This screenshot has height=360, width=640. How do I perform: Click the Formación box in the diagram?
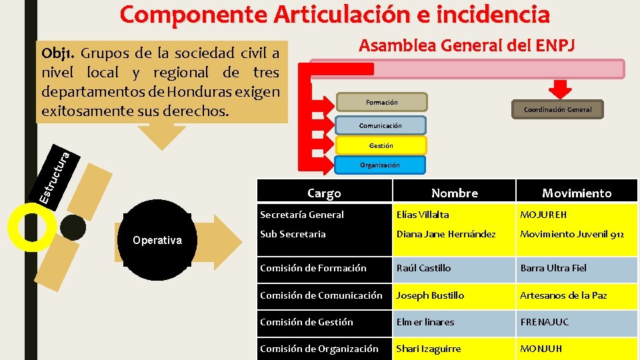pos(381,102)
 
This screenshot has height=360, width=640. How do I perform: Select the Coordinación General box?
pos(557,109)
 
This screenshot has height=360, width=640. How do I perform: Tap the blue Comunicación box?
pos(380,125)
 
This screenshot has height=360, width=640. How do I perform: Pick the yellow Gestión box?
pos(381,145)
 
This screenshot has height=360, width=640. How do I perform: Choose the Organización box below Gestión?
pos(379,165)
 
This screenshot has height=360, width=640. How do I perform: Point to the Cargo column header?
pos(324,193)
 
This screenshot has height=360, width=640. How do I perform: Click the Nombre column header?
pos(454,193)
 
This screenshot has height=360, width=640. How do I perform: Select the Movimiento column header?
pos(576,193)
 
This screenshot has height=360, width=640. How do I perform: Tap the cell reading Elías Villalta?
pos(423,215)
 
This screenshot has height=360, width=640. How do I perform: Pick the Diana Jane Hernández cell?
pos(446,234)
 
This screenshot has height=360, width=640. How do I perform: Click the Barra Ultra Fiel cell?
pos(553,268)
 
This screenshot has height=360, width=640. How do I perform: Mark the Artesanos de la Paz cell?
pos(563,295)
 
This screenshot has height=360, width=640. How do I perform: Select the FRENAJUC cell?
pos(545,322)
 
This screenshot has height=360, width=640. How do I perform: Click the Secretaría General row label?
pos(302,215)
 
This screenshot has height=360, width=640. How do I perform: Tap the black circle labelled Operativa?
pos(157,240)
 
